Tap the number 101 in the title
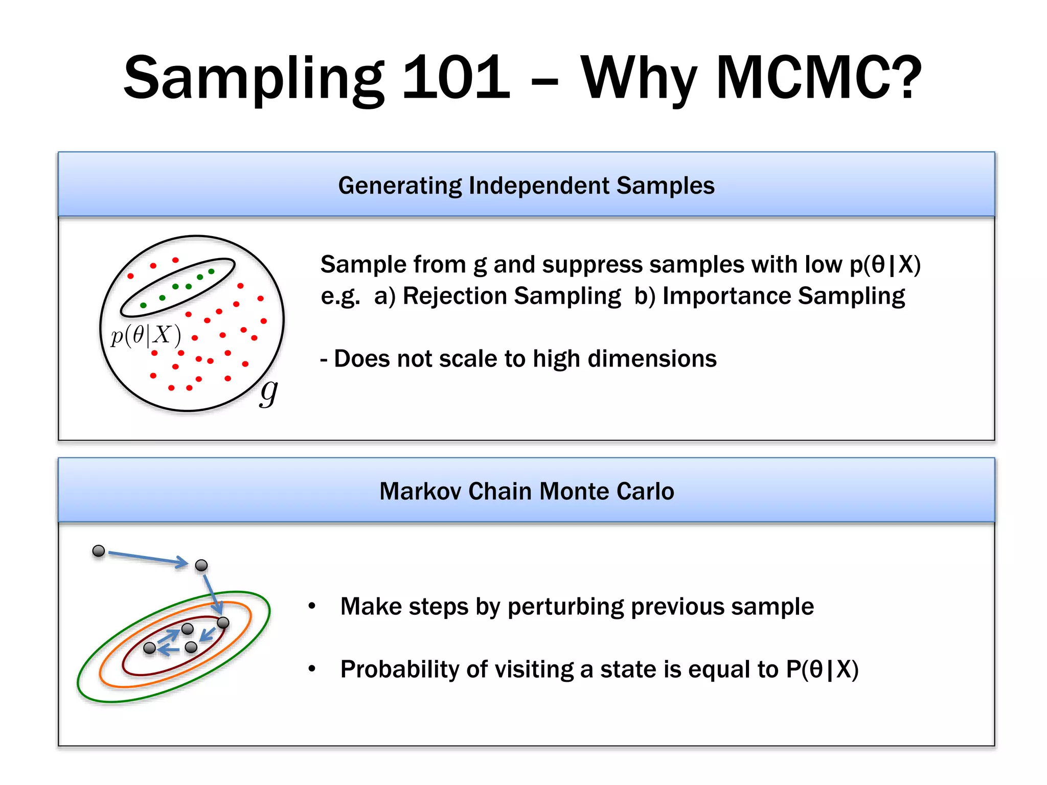click(456, 78)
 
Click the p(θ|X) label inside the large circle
click(146, 335)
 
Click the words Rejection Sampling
click(511, 296)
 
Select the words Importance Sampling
click(783, 296)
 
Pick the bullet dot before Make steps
click(312, 606)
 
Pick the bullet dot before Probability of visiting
click(312, 668)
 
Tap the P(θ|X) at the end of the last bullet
click(822, 669)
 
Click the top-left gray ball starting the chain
click(99, 551)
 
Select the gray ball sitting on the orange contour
click(223, 622)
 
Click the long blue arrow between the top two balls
click(148, 558)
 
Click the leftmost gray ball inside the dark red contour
click(149, 648)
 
